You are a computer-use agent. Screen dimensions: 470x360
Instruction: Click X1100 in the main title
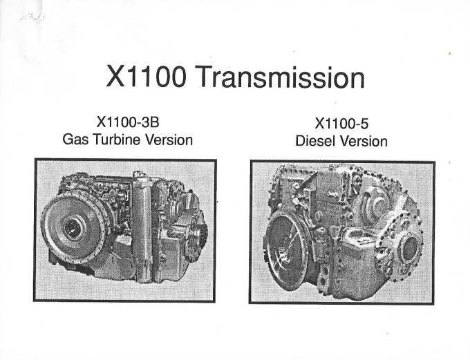click(147, 77)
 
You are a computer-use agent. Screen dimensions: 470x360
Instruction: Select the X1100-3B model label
click(128, 122)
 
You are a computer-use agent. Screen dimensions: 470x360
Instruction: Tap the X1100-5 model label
click(341, 123)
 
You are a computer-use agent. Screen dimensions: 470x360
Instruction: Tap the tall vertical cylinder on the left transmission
click(142, 228)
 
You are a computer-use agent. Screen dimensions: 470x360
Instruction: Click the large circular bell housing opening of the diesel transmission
click(285, 250)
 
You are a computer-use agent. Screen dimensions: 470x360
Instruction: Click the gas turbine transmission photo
click(125, 230)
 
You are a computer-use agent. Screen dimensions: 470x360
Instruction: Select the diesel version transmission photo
click(342, 232)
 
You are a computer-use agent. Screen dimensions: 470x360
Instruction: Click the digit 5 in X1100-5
click(364, 124)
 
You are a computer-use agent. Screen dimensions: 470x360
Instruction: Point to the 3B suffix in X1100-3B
click(151, 122)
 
